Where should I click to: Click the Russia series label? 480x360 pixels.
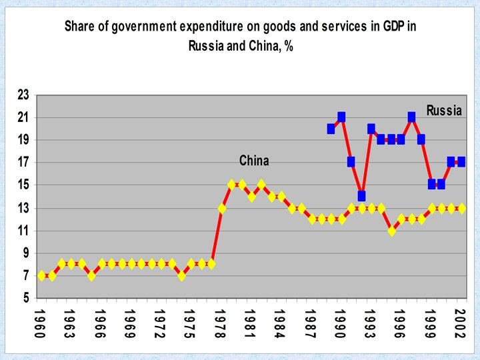coord(444,111)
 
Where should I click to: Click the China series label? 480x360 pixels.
coord(254,161)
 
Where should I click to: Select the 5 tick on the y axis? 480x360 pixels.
coord(25,298)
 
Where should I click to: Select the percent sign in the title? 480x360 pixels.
coord(289,47)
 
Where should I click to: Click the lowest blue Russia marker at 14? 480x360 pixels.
coord(361,196)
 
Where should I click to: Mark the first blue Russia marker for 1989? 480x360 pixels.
coord(331,129)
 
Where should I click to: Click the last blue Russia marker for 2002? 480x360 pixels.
coord(461,162)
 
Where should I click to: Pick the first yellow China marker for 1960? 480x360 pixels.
coord(42,275)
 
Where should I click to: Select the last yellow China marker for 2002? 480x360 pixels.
coord(461,208)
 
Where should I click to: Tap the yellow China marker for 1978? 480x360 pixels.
coord(222,208)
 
